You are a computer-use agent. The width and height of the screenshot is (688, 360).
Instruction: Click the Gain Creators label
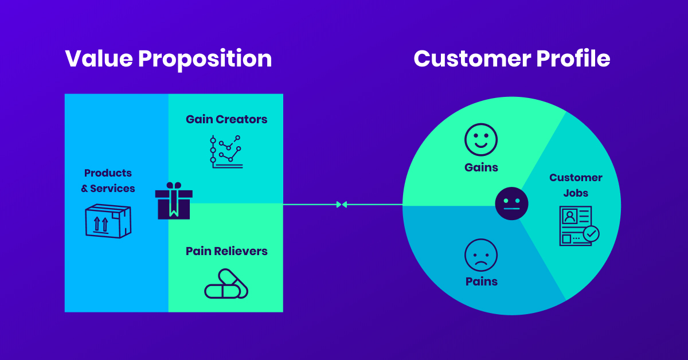click(226, 119)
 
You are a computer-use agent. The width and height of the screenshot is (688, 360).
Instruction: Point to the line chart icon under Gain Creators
click(225, 151)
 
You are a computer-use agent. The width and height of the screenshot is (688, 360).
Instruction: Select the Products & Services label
click(109, 181)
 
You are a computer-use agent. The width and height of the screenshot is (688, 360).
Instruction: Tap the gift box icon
click(174, 201)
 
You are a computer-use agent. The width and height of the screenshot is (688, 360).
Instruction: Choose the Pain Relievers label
click(226, 251)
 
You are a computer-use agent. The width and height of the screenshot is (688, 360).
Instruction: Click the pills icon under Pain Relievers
click(226, 284)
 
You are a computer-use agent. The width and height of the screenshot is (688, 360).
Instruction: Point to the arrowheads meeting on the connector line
click(342, 204)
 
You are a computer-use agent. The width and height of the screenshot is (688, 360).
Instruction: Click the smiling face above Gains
click(481, 140)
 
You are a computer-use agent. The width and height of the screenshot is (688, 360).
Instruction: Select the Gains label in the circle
click(481, 168)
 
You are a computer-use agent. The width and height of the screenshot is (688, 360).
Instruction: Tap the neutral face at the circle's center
click(511, 204)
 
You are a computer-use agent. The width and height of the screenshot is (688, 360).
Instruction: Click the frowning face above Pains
click(481, 255)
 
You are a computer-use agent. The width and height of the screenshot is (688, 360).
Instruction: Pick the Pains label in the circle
click(481, 281)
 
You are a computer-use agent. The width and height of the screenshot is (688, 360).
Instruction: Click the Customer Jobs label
click(576, 185)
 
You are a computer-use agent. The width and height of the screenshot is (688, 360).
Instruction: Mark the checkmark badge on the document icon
click(591, 233)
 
